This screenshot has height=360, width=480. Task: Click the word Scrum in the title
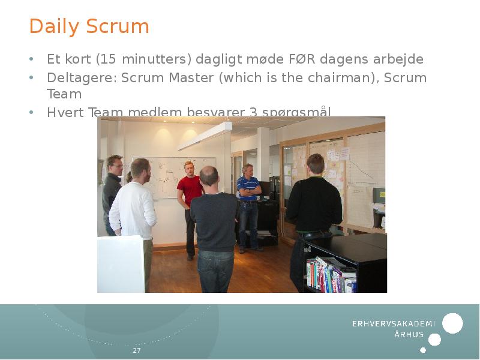118,27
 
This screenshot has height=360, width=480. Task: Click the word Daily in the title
55,27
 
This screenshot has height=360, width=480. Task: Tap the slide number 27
137,350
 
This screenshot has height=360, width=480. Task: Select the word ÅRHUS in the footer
409,335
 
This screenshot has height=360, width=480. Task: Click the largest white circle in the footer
452,323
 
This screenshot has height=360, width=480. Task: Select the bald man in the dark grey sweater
213,222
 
